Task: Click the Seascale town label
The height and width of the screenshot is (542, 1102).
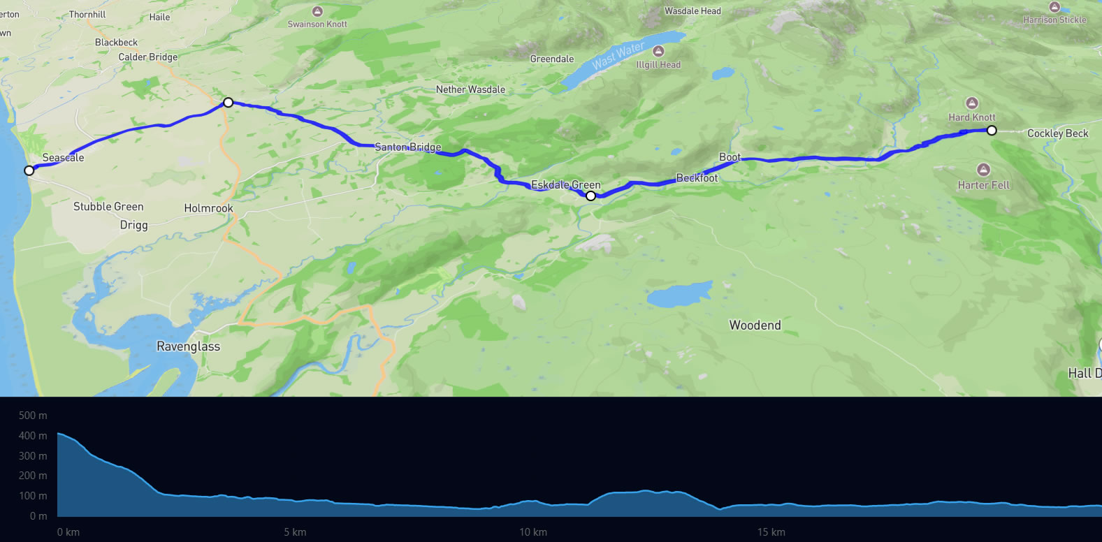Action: (x=63, y=158)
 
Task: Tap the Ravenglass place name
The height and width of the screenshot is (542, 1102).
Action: (x=188, y=346)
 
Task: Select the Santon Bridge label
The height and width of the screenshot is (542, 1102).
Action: (x=408, y=147)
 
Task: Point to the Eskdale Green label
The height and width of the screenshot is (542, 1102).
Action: (x=566, y=185)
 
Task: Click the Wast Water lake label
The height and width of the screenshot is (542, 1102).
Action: (x=618, y=56)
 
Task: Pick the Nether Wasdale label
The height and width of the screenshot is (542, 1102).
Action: (x=470, y=89)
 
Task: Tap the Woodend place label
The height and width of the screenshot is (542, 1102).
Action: (x=755, y=325)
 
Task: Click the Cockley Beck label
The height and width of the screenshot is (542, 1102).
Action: (x=1057, y=133)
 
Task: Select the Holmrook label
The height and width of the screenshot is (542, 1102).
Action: (x=208, y=208)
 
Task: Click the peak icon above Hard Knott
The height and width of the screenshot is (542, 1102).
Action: (x=972, y=103)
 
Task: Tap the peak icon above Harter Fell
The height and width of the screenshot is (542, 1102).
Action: (x=983, y=170)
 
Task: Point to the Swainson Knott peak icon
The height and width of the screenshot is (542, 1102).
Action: (x=317, y=11)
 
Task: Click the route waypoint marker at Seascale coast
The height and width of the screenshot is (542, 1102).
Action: (x=29, y=170)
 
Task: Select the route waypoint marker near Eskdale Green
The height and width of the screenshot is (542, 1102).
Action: (x=590, y=196)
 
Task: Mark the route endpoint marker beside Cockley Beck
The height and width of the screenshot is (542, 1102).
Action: (x=992, y=131)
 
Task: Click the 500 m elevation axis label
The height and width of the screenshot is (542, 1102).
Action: (x=33, y=416)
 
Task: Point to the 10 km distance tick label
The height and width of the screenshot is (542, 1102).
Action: (x=533, y=532)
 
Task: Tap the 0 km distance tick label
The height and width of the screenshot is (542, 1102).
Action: (x=68, y=532)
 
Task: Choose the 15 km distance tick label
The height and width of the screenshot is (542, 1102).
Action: (x=771, y=532)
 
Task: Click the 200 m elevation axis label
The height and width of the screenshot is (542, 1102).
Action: (x=33, y=476)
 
